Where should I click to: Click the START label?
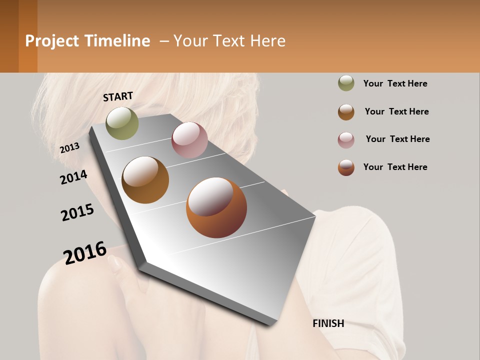118,96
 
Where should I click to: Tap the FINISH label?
328,323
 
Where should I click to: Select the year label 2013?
69,147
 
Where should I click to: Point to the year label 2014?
73,177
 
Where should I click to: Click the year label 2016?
85,253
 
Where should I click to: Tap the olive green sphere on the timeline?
122,123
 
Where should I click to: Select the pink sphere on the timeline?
189,139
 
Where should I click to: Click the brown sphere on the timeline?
145,179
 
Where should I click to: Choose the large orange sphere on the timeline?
216,207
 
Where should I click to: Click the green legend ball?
346,83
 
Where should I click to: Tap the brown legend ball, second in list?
346,112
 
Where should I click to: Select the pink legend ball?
346,140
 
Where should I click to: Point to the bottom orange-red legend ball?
346,167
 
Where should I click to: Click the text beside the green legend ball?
395,83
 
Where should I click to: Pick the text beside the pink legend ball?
397,139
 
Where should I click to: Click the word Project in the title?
52,41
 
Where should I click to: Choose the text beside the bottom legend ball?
395,167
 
